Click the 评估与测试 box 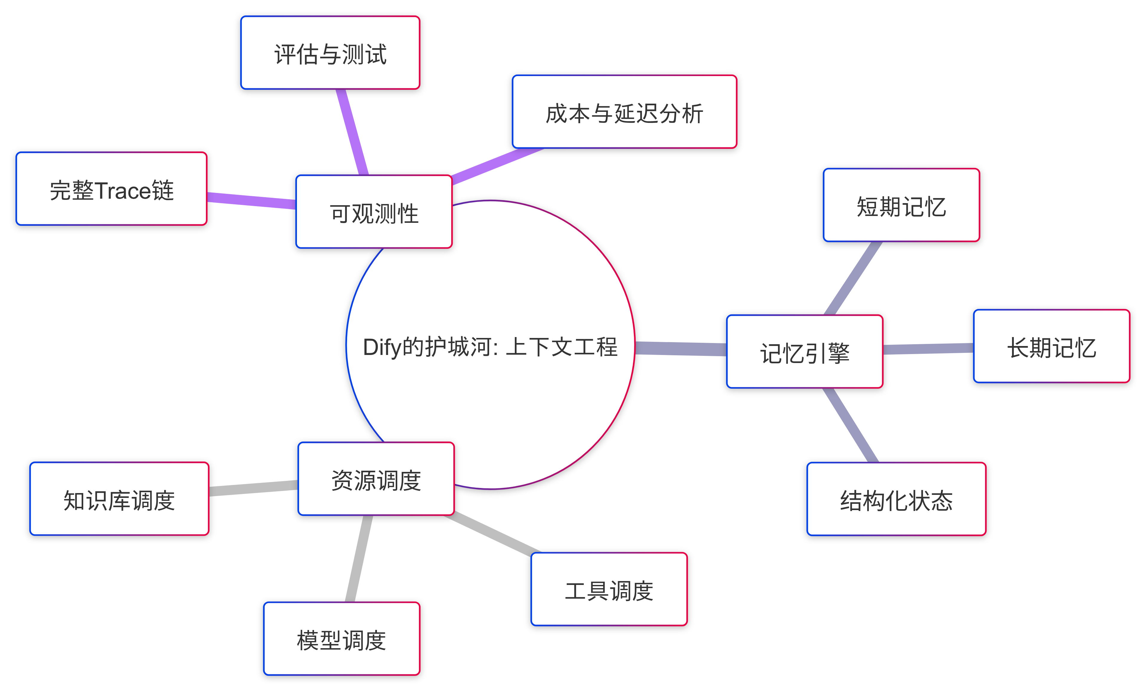click(x=330, y=53)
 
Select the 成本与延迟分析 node click(x=624, y=112)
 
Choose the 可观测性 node click(x=374, y=212)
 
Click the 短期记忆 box click(x=901, y=206)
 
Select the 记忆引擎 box click(x=804, y=352)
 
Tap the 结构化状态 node click(x=896, y=499)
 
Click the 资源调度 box click(x=376, y=479)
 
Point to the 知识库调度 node click(x=119, y=499)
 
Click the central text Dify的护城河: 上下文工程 click(x=490, y=346)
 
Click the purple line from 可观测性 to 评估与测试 click(x=352, y=132)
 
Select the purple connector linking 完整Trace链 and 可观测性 click(x=251, y=201)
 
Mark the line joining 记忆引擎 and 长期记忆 click(x=928, y=349)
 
